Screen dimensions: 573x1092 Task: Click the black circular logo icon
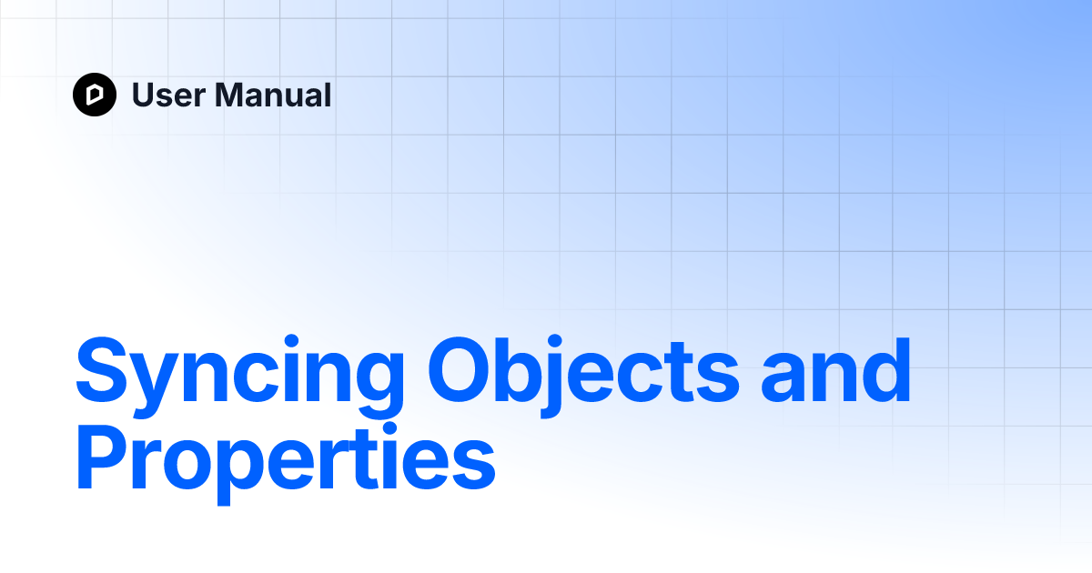coord(95,95)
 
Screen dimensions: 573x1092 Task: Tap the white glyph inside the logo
coord(95,95)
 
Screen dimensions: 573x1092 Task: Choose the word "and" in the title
coord(836,373)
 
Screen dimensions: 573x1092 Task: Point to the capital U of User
coord(144,95)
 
